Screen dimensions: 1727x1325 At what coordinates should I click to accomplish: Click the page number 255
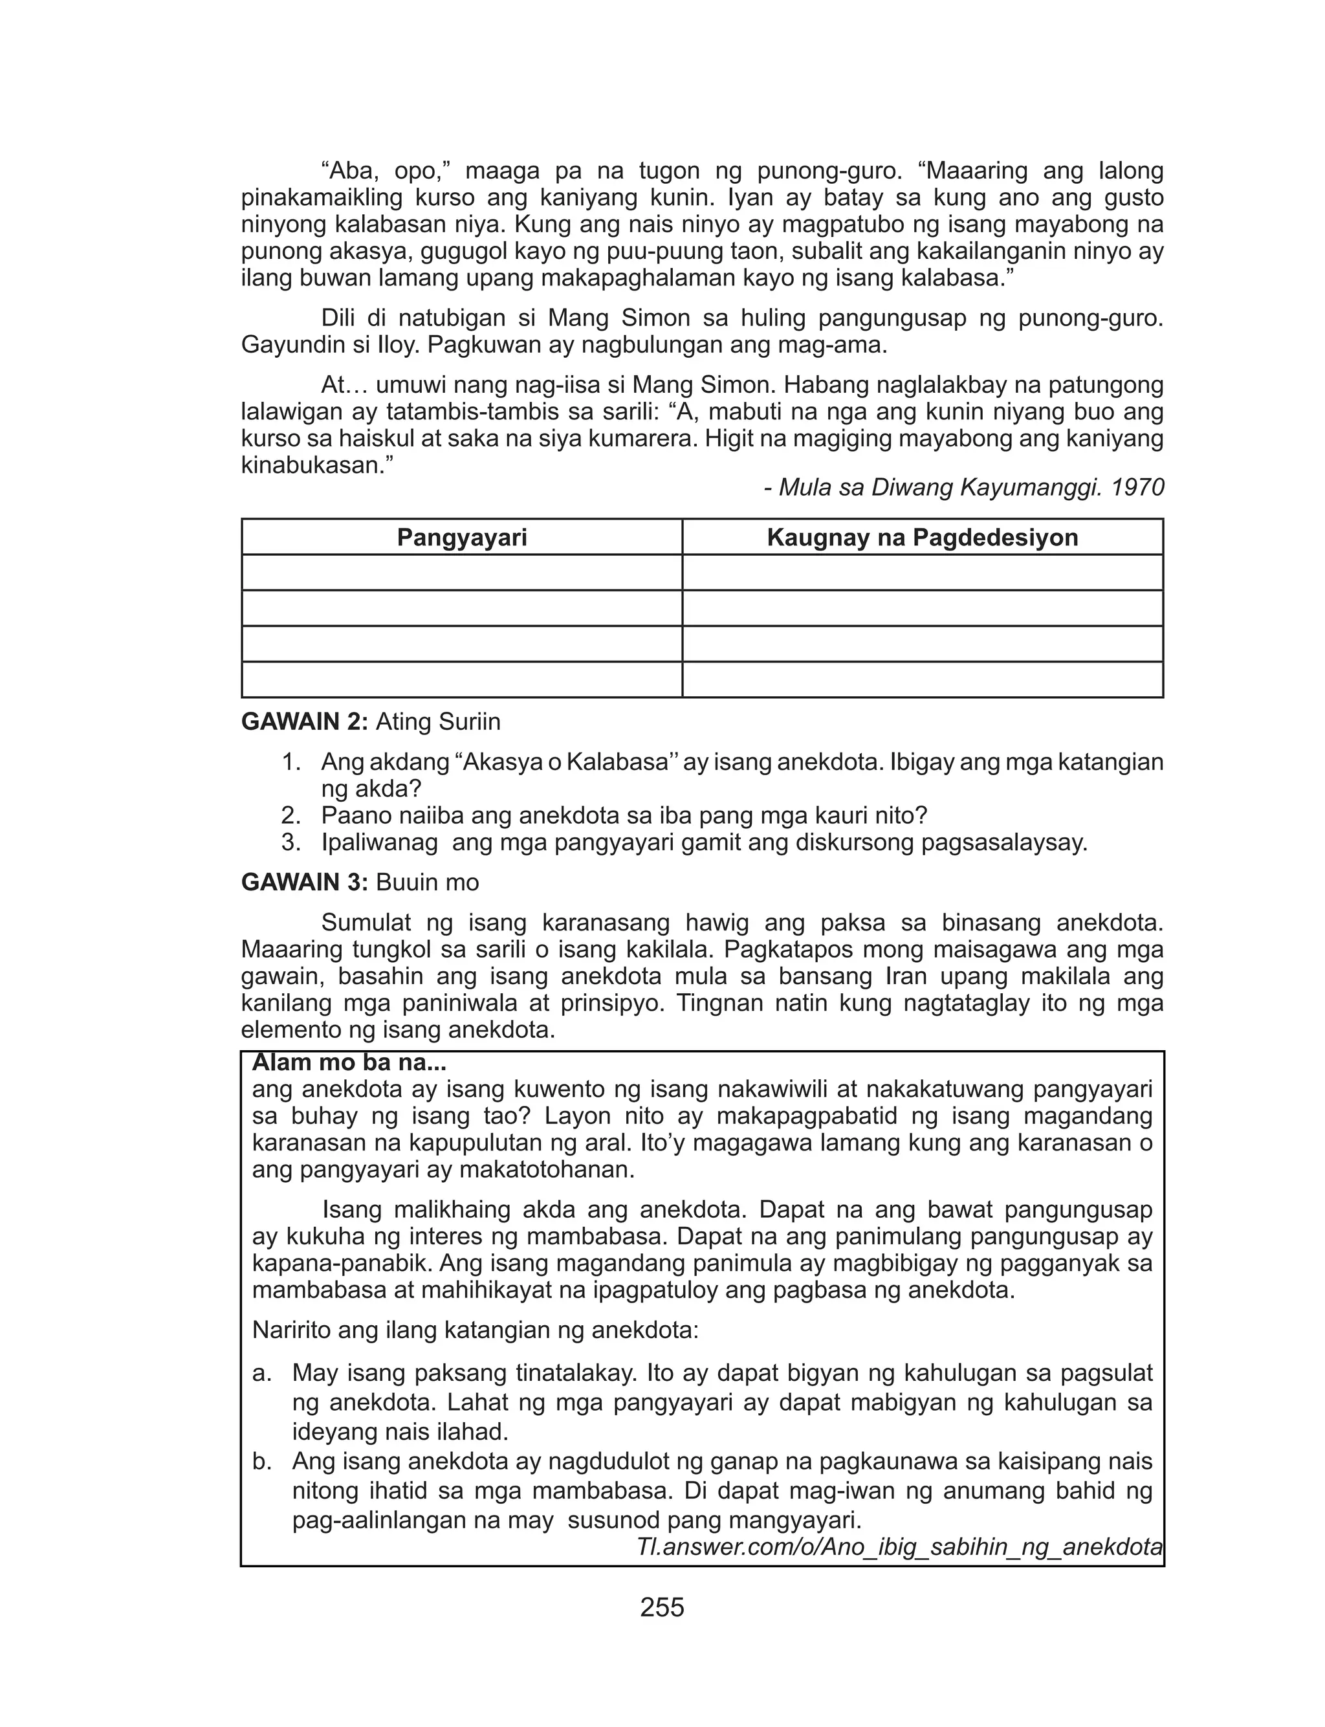click(662, 1607)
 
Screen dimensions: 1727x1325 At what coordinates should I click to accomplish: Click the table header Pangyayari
click(461, 538)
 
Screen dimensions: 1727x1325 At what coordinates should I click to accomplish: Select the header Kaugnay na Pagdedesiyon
click(922, 538)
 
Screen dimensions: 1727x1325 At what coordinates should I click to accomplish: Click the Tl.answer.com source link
click(899, 1546)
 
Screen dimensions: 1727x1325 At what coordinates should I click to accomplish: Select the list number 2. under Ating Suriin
click(291, 815)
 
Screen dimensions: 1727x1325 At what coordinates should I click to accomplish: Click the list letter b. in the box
click(262, 1461)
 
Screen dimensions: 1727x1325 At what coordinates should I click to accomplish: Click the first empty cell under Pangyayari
click(461, 573)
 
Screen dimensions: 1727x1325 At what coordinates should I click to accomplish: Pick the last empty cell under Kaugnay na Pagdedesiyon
click(922, 680)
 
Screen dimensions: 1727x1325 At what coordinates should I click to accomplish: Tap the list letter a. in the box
click(262, 1373)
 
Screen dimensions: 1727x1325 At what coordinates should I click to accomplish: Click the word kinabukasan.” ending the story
click(316, 465)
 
